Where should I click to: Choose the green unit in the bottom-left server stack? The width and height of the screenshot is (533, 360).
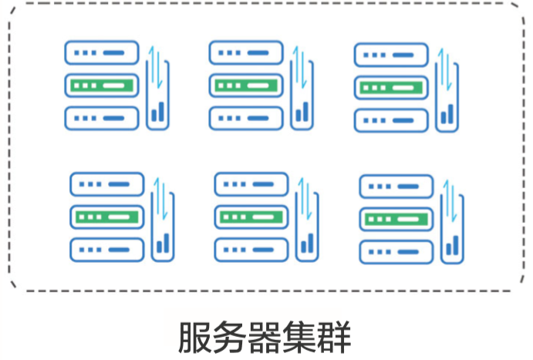(107, 217)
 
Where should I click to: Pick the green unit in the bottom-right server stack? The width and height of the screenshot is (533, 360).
(396, 219)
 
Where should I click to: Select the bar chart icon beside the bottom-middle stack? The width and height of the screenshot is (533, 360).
(307, 244)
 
